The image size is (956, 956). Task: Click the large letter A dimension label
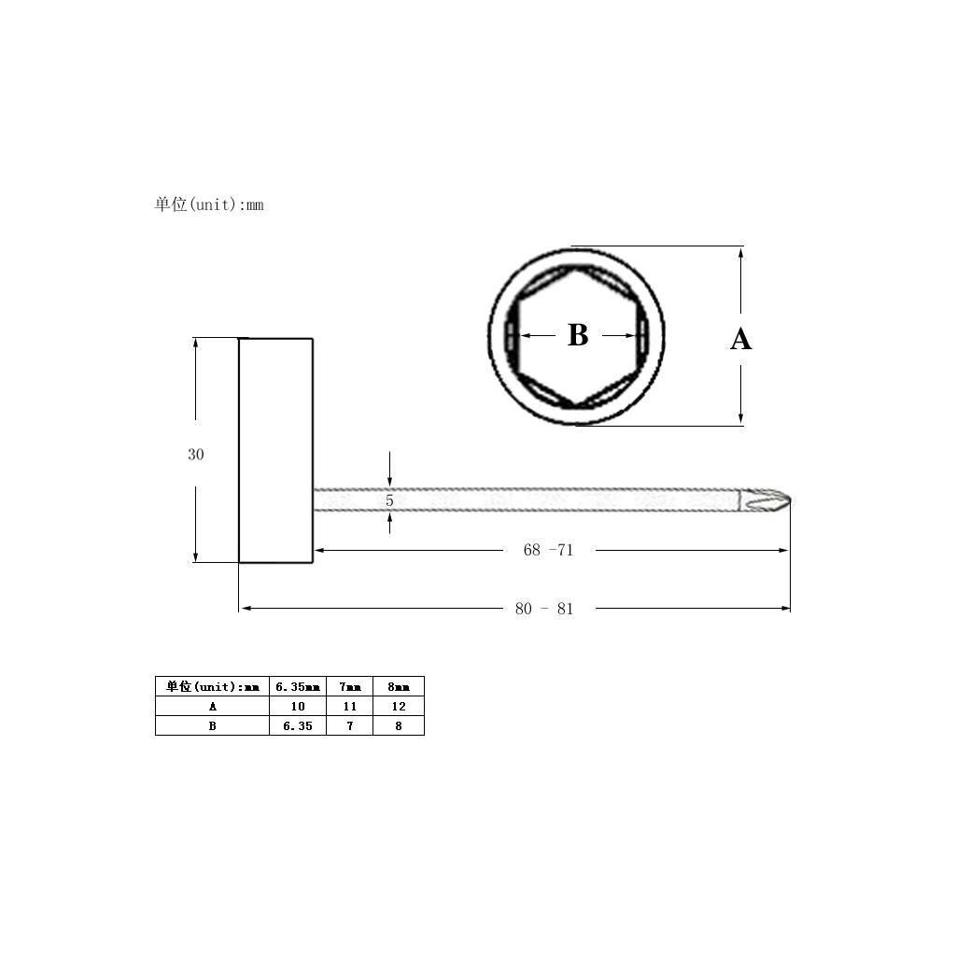[x=740, y=339]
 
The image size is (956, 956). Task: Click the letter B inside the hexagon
[x=578, y=335]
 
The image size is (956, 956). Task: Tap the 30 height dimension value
[x=196, y=455]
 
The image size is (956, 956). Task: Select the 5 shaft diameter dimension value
[x=389, y=500]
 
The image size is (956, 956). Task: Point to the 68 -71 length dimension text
[x=548, y=550]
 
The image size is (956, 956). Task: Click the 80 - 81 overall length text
[x=544, y=609]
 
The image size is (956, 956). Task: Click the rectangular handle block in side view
[x=275, y=451]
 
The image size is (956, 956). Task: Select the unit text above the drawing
[x=209, y=204]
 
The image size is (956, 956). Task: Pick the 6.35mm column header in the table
[x=298, y=686]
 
